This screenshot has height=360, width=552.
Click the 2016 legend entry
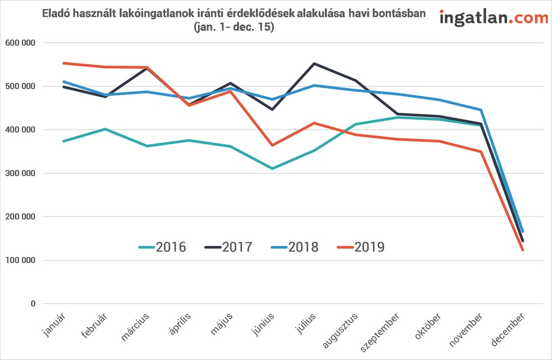[x=162, y=247]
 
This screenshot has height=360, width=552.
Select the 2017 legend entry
[x=228, y=247]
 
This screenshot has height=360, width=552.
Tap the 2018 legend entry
[x=295, y=247]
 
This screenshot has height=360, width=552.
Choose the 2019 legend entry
[x=361, y=247]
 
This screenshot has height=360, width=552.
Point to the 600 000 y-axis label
[x=21, y=43]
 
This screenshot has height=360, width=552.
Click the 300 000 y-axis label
[x=21, y=173]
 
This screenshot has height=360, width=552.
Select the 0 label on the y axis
[x=33, y=303]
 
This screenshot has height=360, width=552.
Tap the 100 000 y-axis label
[x=21, y=260]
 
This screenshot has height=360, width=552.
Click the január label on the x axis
[x=53, y=325]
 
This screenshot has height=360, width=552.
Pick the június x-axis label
[x=263, y=325]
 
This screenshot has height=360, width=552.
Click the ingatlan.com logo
[x=493, y=18]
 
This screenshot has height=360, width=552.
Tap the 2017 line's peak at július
[x=314, y=64]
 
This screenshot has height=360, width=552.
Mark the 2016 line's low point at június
[x=272, y=168]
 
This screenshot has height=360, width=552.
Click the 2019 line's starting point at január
[x=63, y=63]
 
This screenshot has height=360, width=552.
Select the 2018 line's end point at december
[x=523, y=232]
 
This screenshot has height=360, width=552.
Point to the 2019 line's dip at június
[x=272, y=145]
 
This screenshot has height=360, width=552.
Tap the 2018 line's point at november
[x=481, y=110]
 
